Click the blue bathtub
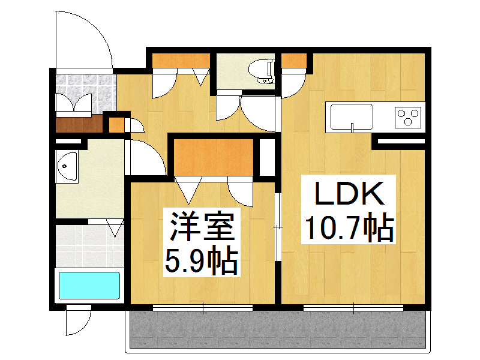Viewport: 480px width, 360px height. pyautogui.click(x=89, y=286)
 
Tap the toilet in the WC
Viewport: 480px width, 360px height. pyautogui.click(x=261, y=71)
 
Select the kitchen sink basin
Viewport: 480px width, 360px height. pyautogui.click(x=352, y=116)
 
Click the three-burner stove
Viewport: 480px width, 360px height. pyautogui.click(x=408, y=117)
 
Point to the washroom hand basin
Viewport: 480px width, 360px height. pyautogui.click(x=67, y=166)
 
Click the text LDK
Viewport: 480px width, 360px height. pyautogui.click(x=350, y=193)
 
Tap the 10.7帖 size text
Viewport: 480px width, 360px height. pyautogui.click(x=349, y=227)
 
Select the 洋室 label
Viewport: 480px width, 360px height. pyautogui.click(x=202, y=226)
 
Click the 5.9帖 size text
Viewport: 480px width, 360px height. pyautogui.click(x=202, y=260)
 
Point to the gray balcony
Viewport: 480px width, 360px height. pyautogui.click(x=278, y=329)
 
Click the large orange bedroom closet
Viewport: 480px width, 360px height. pyautogui.click(x=214, y=157)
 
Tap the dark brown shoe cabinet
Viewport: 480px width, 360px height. pyautogui.click(x=79, y=125)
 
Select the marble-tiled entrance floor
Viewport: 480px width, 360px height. pyautogui.click(x=86, y=92)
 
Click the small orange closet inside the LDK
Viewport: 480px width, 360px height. pyautogui.click(x=293, y=61)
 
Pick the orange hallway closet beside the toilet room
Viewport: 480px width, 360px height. pyautogui.click(x=181, y=61)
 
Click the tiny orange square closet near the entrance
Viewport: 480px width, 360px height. pyautogui.click(x=116, y=125)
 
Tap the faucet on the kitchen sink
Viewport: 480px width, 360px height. pyautogui.click(x=352, y=127)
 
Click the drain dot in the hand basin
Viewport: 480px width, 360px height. pyautogui.click(x=64, y=166)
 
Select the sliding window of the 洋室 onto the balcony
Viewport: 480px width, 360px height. pyautogui.click(x=203, y=308)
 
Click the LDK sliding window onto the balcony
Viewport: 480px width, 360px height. pyautogui.click(x=353, y=308)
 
